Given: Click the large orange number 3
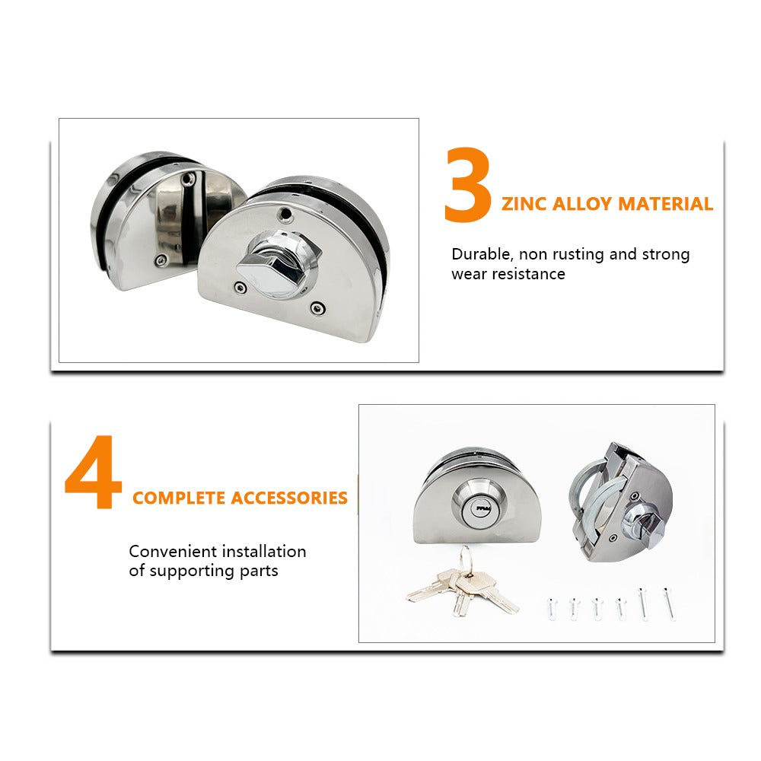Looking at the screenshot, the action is click(x=467, y=185).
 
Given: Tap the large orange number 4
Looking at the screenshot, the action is click(x=93, y=471).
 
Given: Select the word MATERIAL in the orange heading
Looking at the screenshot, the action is click(x=666, y=204).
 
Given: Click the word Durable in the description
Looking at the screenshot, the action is click(x=482, y=254).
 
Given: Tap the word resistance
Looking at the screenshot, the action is click(x=529, y=274).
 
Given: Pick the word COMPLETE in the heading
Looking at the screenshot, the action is click(x=179, y=498).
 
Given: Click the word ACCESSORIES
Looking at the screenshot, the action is click(x=289, y=498).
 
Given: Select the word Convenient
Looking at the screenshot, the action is click(x=173, y=551).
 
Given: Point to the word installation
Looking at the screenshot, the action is click(x=264, y=551).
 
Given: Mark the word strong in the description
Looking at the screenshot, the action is click(x=665, y=254).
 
